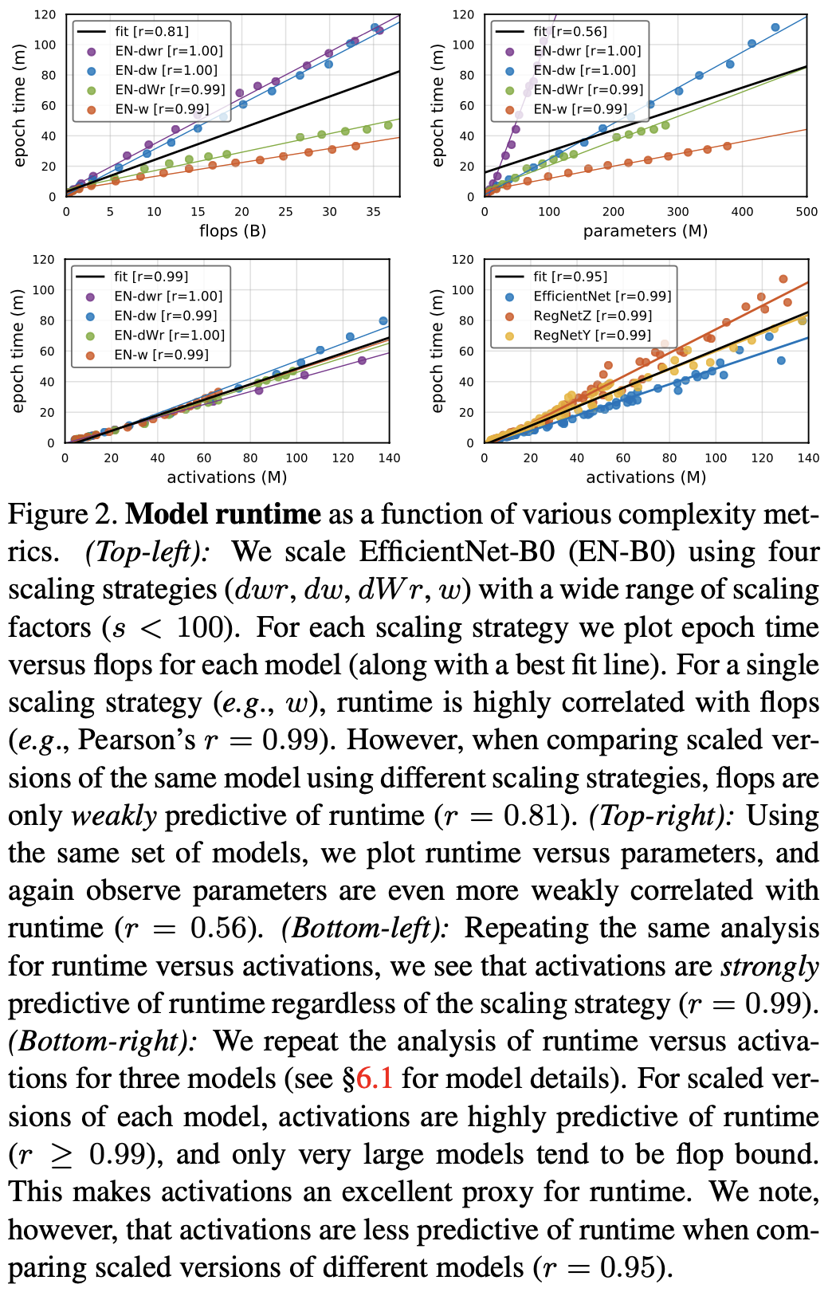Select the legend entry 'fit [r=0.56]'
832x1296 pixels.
click(x=570, y=31)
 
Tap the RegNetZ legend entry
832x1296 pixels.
click(x=592, y=316)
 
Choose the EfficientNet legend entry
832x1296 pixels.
click(x=602, y=296)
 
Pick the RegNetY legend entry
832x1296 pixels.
click(x=592, y=335)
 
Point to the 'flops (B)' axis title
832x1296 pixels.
click(x=233, y=231)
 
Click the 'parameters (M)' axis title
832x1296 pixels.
click(x=646, y=231)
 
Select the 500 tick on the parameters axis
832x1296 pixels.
click(x=806, y=212)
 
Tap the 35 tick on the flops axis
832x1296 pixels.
click(x=373, y=212)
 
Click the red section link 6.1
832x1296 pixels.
click(x=375, y=1079)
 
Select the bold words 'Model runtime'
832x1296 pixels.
click(x=223, y=514)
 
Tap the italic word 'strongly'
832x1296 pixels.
click(x=770, y=967)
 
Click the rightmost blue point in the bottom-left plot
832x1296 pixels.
click(x=383, y=321)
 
